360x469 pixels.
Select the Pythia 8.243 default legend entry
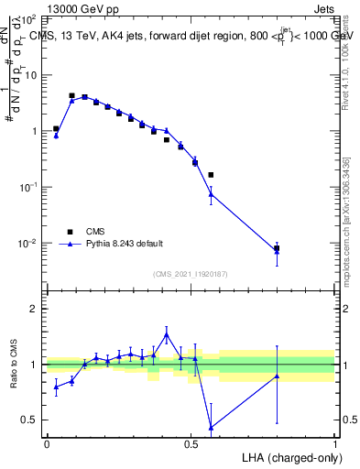pyautogui.click(x=125, y=244)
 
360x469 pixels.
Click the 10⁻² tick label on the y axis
pyautogui.click(x=27, y=244)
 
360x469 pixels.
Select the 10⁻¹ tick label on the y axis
pyautogui.click(x=27, y=187)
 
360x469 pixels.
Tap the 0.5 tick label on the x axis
pyautogui.click(x=191, y=443)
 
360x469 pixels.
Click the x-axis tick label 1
pyautogui.click(x=334, y=443)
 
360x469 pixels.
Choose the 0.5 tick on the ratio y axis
pyautogui.click(x=28, y=420)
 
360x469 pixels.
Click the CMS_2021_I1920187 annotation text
pyautogui.click(x=190, y=273)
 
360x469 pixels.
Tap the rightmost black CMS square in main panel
pyautogui.click(x=277, y=248)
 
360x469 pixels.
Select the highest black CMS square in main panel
pyautogui.click(x=71, y=95)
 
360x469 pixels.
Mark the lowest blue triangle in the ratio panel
pyautogui.click(x=211, y=428)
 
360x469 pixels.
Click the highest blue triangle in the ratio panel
pyautogui.click(x=167, y=336)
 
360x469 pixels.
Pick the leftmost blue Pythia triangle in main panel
pyautogui.click(x=56, y=136)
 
